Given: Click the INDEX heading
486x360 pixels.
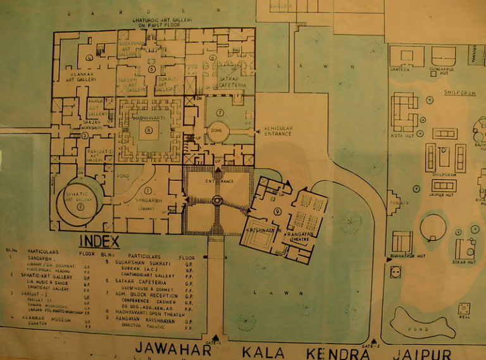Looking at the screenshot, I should (x=99, y=241).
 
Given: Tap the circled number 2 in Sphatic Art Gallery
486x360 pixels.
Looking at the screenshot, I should (x=80, y=206).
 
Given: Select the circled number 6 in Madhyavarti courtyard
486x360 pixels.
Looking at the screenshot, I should (x=149, y=130).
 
